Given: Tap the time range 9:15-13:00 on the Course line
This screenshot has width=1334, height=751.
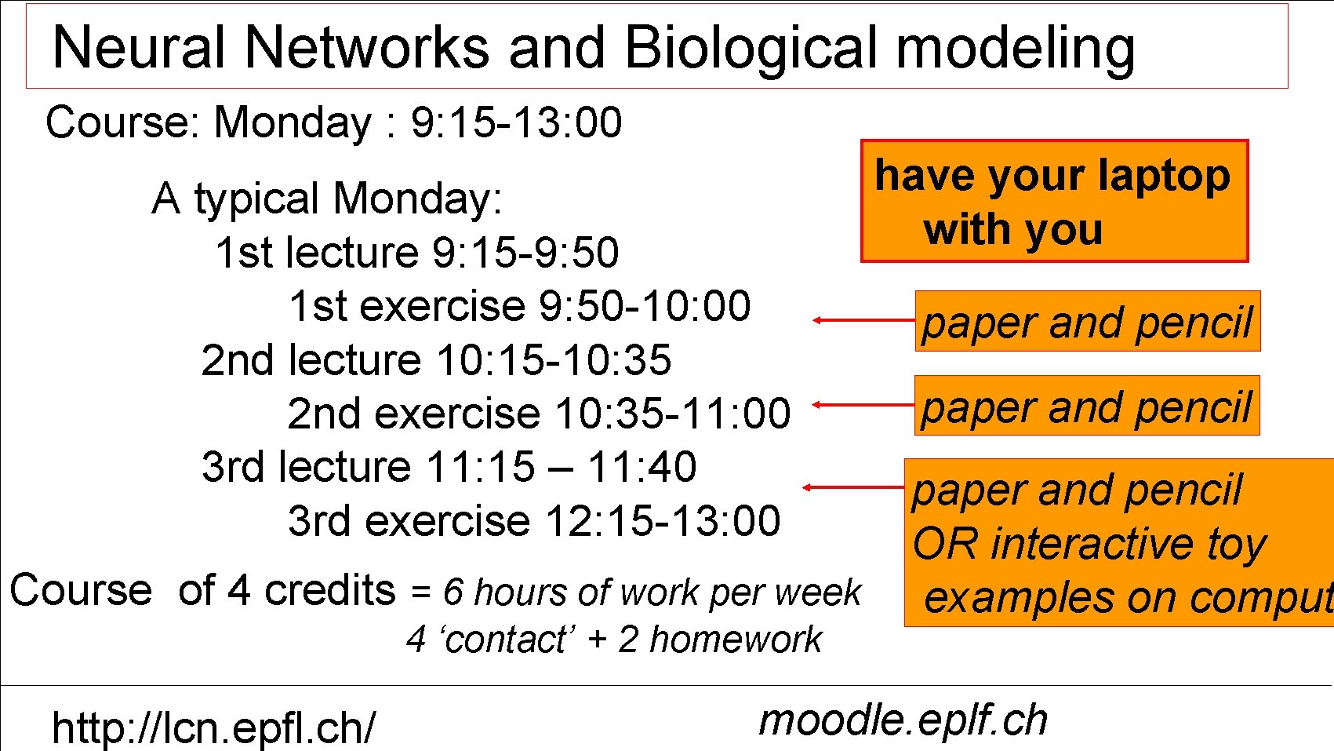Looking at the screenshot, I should [x=516, y=123].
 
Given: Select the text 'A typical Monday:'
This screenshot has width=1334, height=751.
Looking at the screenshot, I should [x=327, y=199].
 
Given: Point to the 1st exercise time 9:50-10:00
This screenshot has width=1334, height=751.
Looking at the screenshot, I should [x=644, y=306].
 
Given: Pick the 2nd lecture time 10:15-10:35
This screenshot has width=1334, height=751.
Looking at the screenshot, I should [x=554, y=360].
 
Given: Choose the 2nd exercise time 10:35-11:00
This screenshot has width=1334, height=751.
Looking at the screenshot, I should [x=672, y=414].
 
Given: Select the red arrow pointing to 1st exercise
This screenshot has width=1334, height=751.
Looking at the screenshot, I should [x=863, y=320].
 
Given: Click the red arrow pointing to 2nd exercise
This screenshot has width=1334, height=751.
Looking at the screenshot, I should [x=863, y=405].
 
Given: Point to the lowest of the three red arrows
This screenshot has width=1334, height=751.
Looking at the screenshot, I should [x=853, y=487].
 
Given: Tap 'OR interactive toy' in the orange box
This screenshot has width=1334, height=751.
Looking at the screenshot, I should [x=1089, y=544].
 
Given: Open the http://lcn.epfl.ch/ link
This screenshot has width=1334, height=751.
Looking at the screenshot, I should [x=213, y=727].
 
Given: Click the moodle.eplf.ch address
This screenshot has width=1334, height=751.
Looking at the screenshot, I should [x=903, y=720].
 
